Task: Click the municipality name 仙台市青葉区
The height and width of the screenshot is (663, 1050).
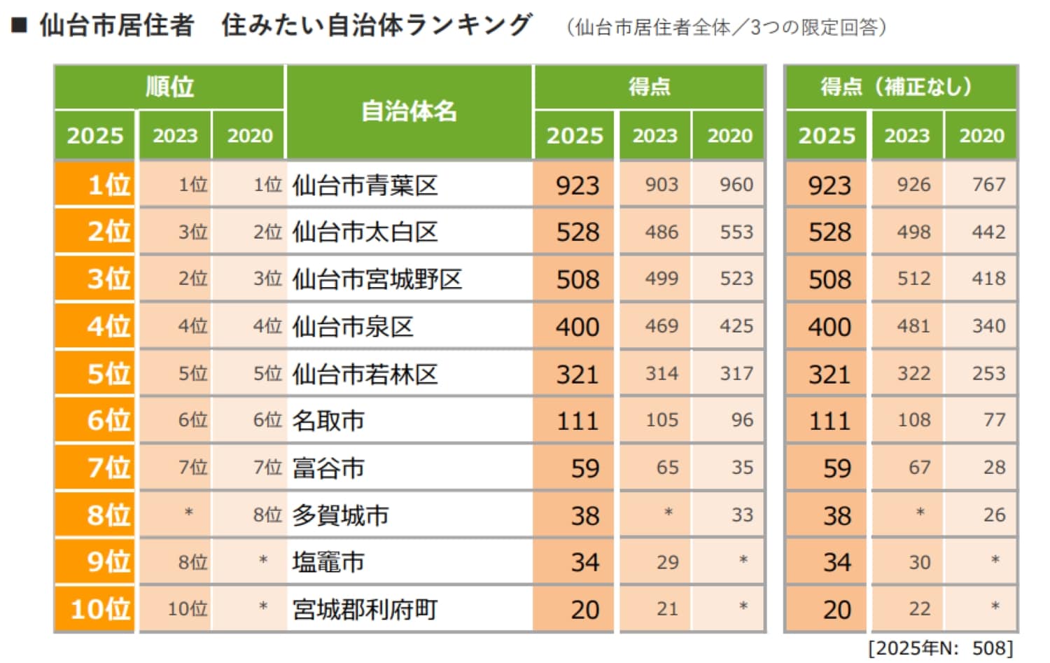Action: tap(365, 186)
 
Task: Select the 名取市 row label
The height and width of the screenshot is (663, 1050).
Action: tap(328, 421)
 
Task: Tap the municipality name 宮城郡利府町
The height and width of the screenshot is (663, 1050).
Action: tap(365, 610)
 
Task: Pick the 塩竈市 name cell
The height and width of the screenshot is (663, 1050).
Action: tap(328, 562)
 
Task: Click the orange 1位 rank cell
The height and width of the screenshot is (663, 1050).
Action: tap(94, 185)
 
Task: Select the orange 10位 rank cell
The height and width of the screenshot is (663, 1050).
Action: tap(94, 609)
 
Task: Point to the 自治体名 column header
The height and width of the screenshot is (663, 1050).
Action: tap(409, 111)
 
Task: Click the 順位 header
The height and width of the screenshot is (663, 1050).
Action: tap(169, 87)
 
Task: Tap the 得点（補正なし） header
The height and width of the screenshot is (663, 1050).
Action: tap(900, 87)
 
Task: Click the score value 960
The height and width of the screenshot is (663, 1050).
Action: tap(736, 185)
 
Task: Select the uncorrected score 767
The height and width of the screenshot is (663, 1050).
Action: tap(988, 185)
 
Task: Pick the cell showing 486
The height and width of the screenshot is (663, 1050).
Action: tap(661, 232)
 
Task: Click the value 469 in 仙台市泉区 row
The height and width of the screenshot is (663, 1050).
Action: tap(661, 326)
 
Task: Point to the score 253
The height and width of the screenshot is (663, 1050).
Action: tap(988, 373)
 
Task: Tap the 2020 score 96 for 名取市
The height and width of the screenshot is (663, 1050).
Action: tap(742, 420)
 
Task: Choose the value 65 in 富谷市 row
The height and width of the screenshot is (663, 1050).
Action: tap(666, 468)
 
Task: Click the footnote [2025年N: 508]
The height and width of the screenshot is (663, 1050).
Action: tap(940, 648)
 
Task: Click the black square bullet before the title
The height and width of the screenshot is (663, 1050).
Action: tap(20, 25)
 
